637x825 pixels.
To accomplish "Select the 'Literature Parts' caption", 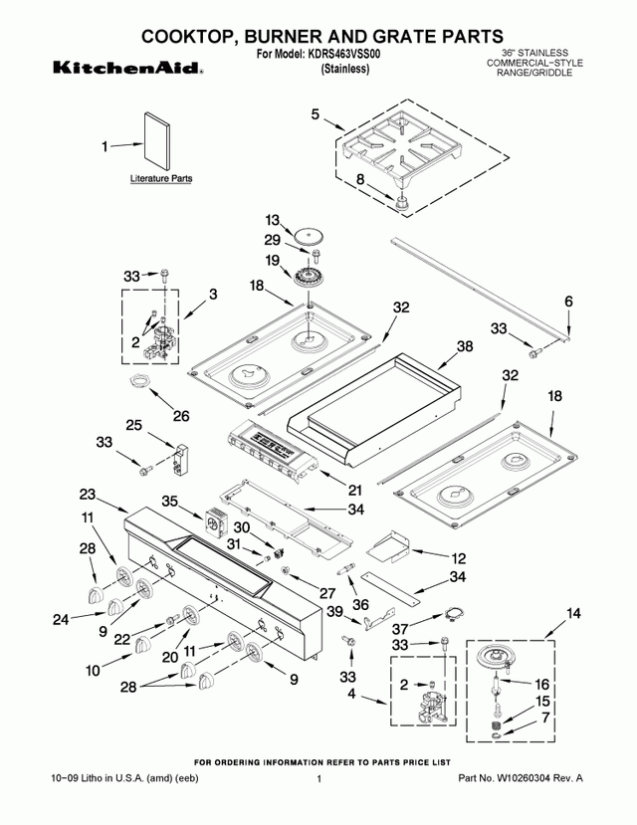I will tap(160, 180).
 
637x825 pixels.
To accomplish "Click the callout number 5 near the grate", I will tap(316, 115).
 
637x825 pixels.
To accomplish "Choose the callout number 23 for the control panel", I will tap(88, 495).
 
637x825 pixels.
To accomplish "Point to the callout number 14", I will tap(572, 615).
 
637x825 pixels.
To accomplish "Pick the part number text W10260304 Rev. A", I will tap(521, 777).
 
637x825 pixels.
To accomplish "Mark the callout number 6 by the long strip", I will tap(568, 301).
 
